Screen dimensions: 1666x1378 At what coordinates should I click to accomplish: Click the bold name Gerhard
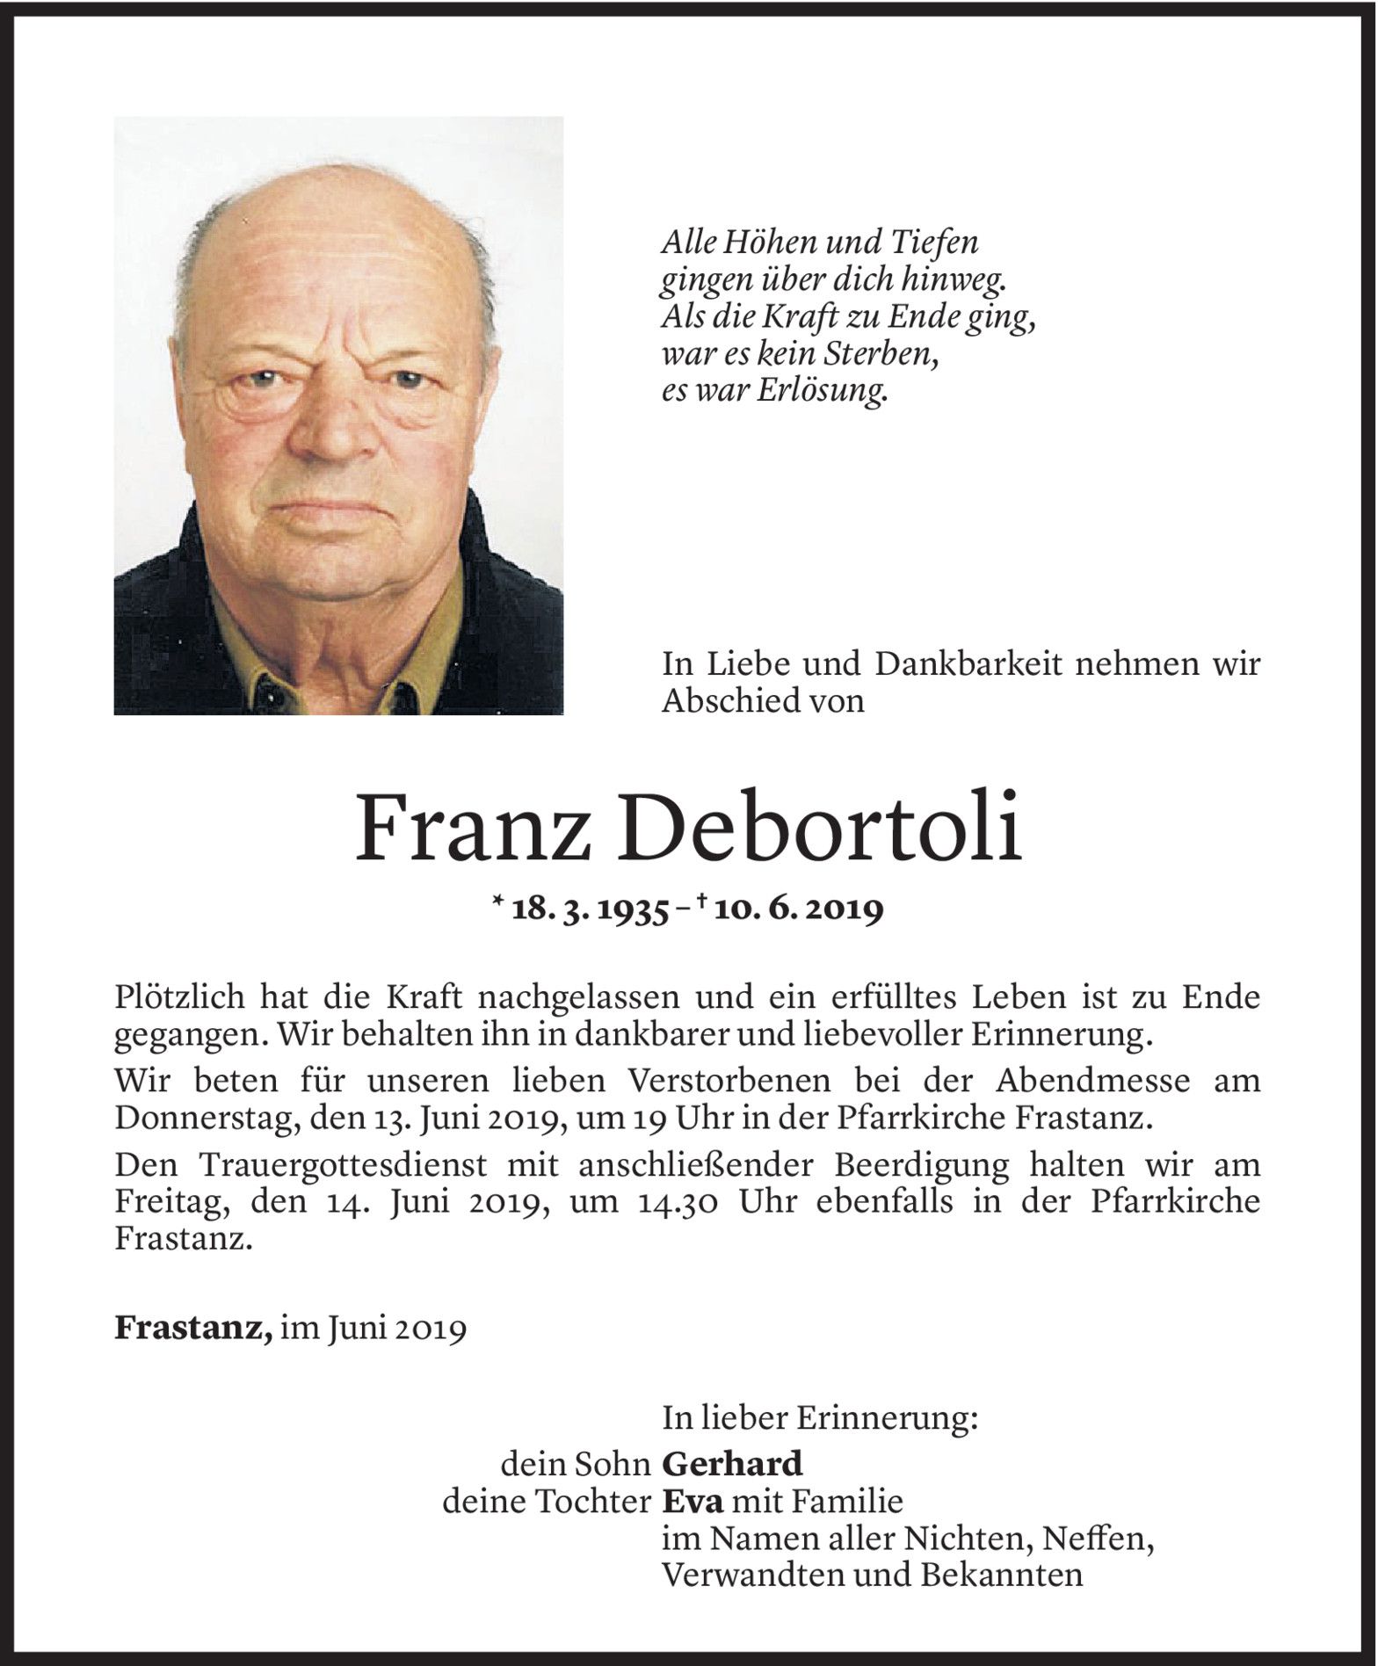[732, 1463]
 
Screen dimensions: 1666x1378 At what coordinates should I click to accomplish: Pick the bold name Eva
[692, 1501]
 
